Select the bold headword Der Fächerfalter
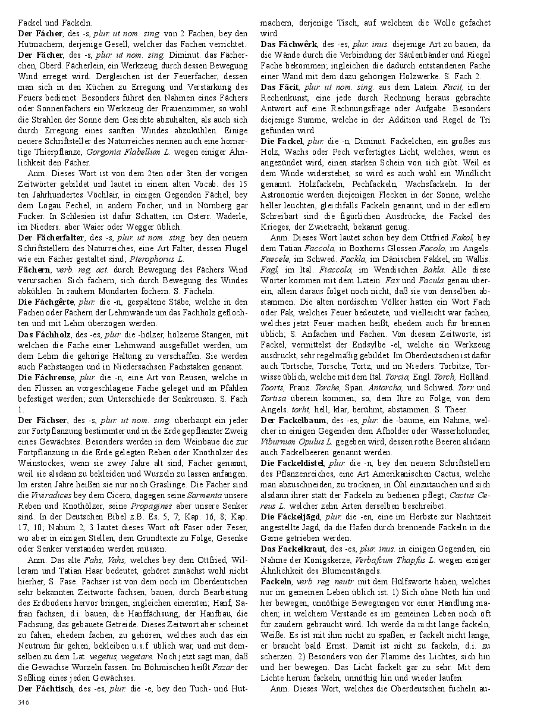(49, 237)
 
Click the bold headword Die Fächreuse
(46, 377)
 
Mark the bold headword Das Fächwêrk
(290, 44)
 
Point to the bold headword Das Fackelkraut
(293, 549)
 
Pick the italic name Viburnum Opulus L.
(299, 442)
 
